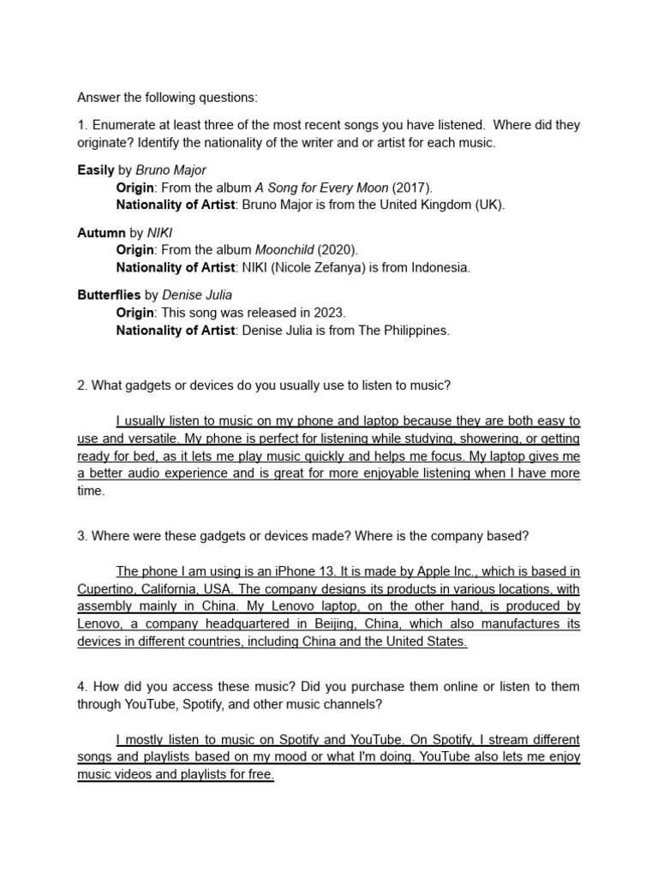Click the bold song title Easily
click(96, 170)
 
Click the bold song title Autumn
click(101, 232)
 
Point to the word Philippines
click(414, 330)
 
